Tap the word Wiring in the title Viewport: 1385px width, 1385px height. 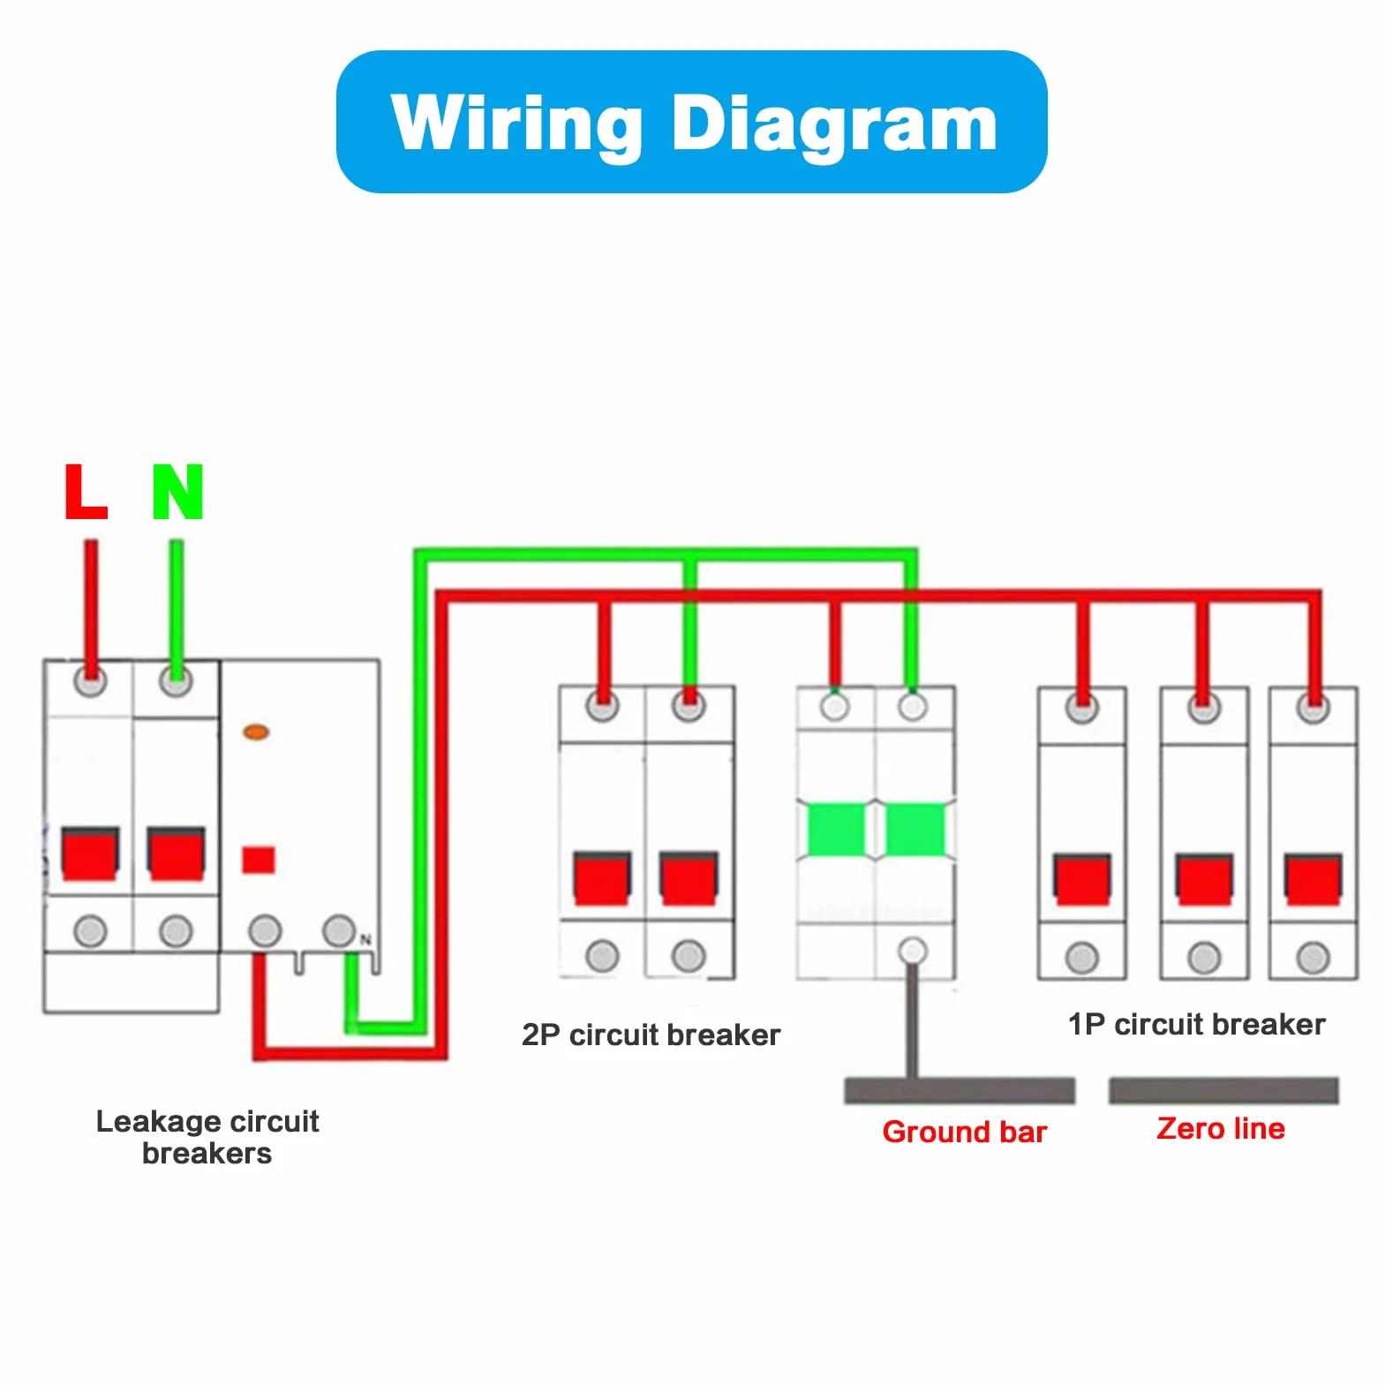516,124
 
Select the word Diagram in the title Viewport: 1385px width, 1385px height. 834,124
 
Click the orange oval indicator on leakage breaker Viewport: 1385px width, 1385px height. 256,732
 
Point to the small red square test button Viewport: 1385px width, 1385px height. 259,860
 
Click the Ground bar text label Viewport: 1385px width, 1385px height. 964,1132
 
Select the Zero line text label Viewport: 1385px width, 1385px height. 1221,1128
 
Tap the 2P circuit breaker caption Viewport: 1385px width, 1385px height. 651,1035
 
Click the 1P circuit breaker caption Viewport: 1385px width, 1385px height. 1196,1024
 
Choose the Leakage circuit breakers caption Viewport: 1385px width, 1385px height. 207,1137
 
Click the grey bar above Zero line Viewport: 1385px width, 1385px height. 1223,1090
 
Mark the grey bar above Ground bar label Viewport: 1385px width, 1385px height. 960,1090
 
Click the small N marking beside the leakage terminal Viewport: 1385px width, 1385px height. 365,940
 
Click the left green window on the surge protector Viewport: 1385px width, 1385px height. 836,829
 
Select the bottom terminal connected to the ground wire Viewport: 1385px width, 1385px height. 913,951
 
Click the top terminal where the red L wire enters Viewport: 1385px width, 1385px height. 90,681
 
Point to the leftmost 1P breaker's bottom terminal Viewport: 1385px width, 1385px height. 1082,958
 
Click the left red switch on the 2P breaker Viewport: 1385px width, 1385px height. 602,878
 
